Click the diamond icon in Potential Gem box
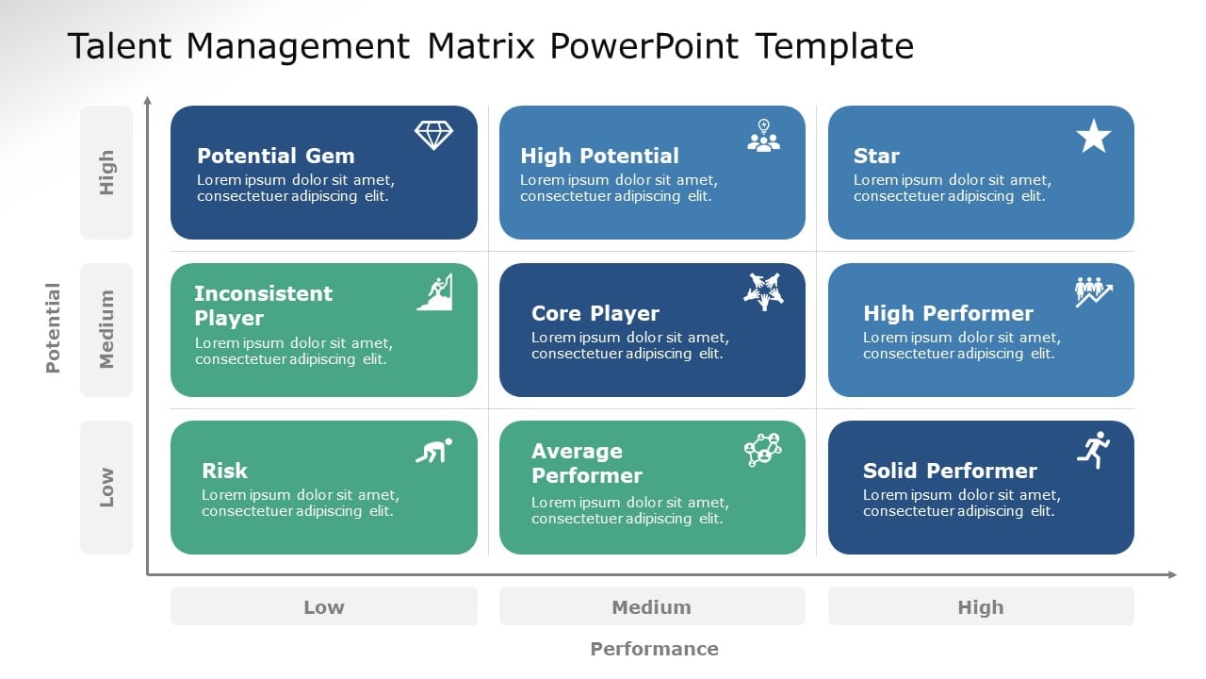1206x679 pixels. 433,135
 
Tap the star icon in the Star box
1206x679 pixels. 1093,136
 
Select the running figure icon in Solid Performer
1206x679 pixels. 1094,450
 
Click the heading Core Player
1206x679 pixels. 595,313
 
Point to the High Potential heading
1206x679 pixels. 599,156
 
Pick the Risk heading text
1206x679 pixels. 224,471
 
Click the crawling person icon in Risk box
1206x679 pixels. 433,450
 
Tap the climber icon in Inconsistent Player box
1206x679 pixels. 434,292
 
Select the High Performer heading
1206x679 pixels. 948,313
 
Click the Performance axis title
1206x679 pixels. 654,649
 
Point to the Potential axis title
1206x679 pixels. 53,328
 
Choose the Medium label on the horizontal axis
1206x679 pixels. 651,607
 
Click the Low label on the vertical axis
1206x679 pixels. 106,488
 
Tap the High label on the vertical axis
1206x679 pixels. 106,173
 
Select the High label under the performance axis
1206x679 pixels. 980,607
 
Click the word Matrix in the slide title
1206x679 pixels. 481,45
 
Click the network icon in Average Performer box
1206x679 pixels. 762,450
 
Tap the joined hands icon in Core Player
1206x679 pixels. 763,291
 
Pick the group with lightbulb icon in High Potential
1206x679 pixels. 763,136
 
